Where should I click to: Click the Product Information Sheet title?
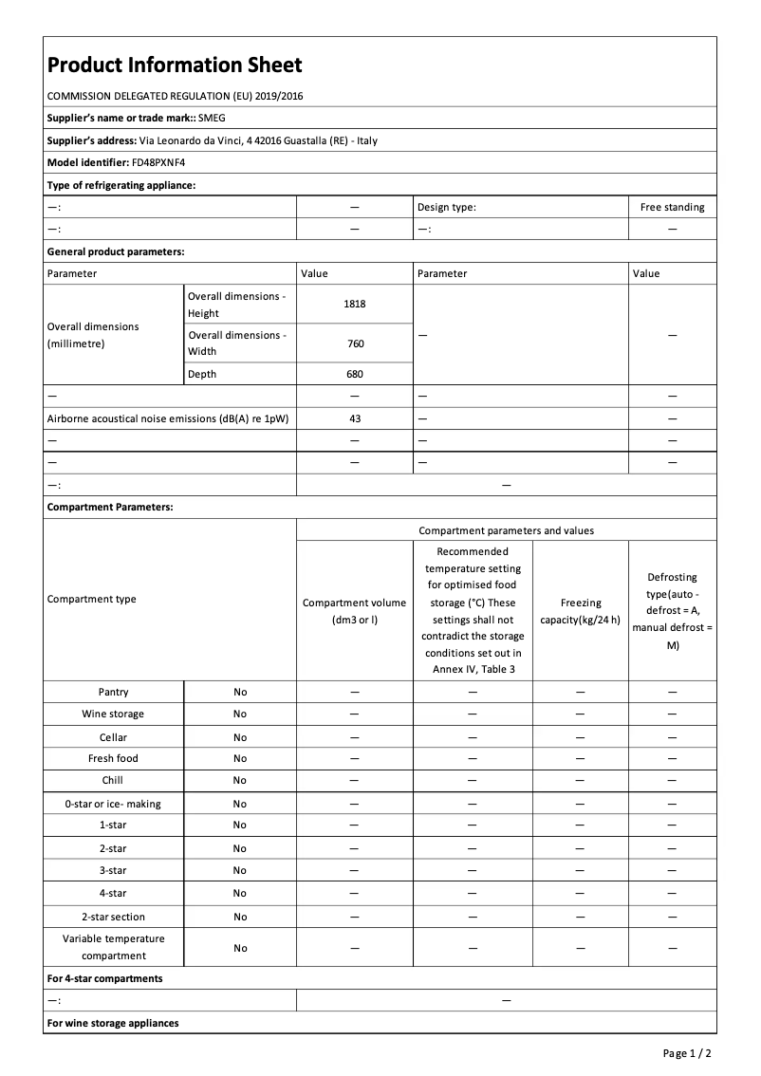pyautogui.click(x=175, y=65)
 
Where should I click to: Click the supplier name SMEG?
pyautogui.click(x=212, y=118)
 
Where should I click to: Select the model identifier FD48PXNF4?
pyautogui.click(x=158, y=162)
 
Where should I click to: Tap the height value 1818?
pyautogui.click(x=355, y=304)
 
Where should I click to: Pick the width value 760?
pyautogui.click(x=355, y=343)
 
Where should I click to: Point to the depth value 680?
pyautogui.click(x=355, y=374)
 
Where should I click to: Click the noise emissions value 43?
pyautogui.click(x=355, y=417)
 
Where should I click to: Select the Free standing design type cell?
pyautogui.click(x=672, y=207)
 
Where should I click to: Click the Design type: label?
pyautogui.click(x=446, y=207)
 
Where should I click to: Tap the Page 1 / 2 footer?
pyautogui.click(x=687, y=1053)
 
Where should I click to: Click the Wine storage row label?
pyautogui.click(x=113, y=714)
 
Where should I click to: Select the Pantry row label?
pyautogui.click(x=113, y=692)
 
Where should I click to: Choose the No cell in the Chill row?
pyautogui.click(x=240, y=780)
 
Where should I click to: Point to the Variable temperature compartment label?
pyautogui.click(x=113, y=947)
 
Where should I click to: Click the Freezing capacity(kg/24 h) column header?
pyautogui.click(x=581, y=611)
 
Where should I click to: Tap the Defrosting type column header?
pyautogui.click(x=672, y=611)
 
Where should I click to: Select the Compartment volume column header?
pyautogui.click(x=354, y=611)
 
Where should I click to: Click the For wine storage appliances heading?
pyautogui.click(x=113, y=1023)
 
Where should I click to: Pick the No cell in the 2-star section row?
pyautogui.click(x=240, y=917)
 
